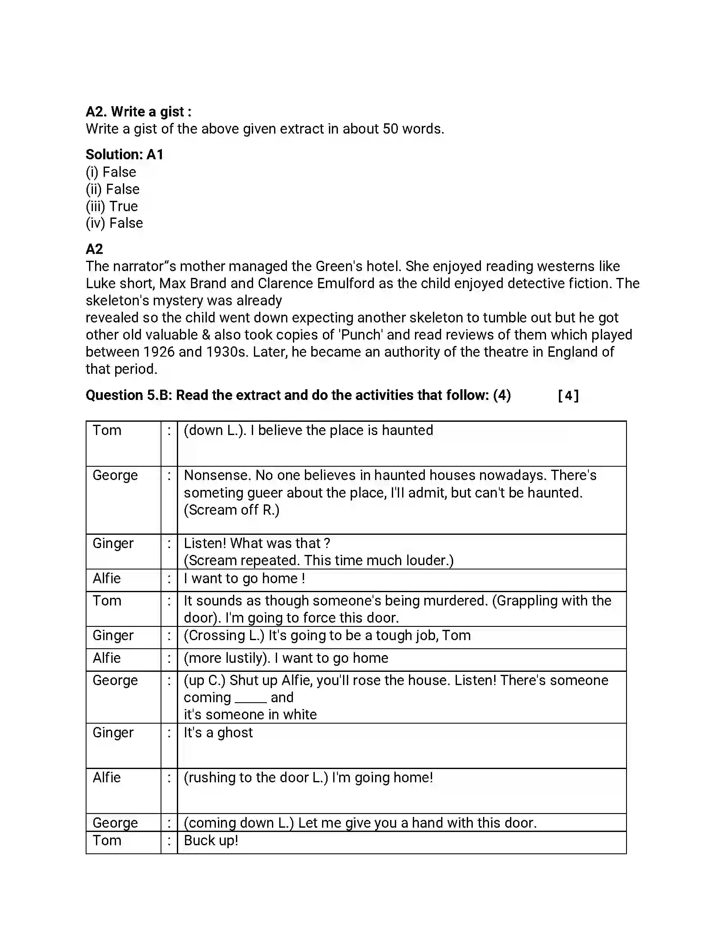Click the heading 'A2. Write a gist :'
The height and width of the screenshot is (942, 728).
click(138, 112)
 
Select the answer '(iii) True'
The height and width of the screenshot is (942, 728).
click(112, 206)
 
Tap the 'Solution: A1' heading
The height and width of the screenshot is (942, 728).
click(124, 155)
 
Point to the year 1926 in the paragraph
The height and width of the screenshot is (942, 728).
click(158, 352)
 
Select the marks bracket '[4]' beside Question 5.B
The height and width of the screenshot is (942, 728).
click(568, 395)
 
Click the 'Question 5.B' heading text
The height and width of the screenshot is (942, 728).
click(128, 395)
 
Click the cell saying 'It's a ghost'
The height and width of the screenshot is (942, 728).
click(218, 733)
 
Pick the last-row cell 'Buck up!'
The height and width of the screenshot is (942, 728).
click(211, 841)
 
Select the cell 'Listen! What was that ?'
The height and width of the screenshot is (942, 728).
click(257, 543)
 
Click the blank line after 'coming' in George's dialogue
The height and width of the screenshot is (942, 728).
click(251, 699)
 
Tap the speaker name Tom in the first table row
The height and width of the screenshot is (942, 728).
click(107, 430)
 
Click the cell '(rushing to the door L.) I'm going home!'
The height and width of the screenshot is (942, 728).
click(308, 778)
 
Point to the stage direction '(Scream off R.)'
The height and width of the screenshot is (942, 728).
click(232, 510)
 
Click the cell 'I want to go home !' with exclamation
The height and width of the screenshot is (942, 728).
click(245, 578)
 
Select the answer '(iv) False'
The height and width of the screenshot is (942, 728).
click(114, 223)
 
